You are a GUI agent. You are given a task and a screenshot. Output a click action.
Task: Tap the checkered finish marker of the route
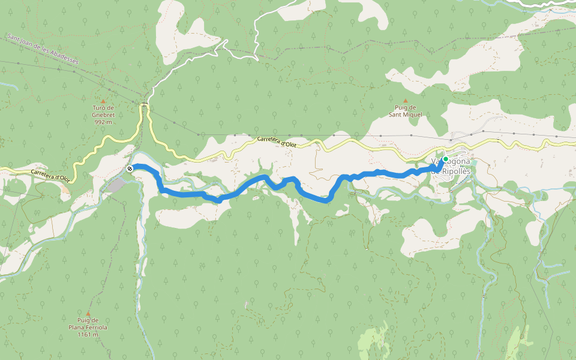(130, 169)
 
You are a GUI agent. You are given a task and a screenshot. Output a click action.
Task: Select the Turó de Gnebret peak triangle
(103, 101)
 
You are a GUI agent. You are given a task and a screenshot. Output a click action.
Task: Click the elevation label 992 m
(103, 122)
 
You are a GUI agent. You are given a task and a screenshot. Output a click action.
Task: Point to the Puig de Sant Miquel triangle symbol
(405, 101)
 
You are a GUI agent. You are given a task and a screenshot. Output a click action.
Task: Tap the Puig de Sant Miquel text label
(405, 111)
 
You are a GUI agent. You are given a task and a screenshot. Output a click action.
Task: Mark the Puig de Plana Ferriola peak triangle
(88, 313)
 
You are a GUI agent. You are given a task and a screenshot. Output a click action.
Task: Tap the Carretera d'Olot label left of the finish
(51, 176)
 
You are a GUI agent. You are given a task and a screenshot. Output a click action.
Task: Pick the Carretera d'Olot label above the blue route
(277, 142)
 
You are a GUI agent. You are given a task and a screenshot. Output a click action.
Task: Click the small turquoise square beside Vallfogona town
(474, 162)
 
